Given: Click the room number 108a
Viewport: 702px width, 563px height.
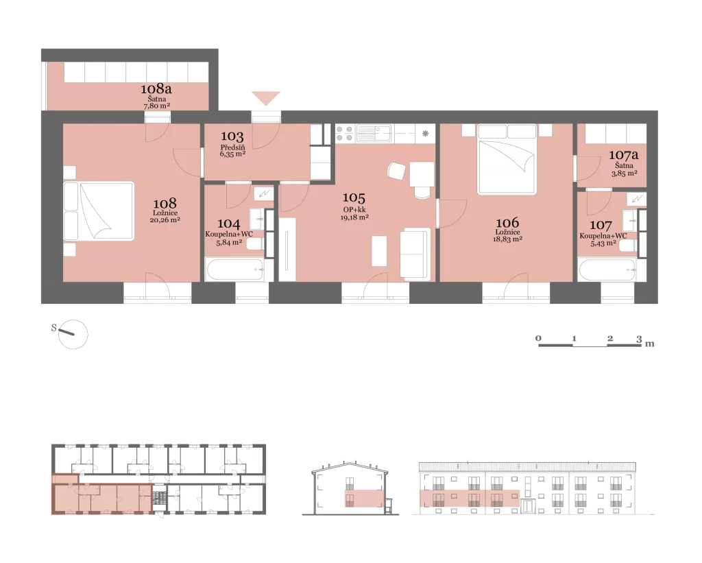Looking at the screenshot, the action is [x=156, y=88].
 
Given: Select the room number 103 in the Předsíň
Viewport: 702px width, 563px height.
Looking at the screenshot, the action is [x=232, y=136].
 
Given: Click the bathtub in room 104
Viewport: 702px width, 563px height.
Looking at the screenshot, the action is [x=234, y=269].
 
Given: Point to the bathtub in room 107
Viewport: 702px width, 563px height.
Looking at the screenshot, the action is [x=607, y=270].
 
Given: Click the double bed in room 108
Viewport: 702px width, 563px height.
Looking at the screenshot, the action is [x=99, y=211].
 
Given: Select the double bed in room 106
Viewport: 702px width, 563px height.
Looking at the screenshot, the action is [x=507, y=160].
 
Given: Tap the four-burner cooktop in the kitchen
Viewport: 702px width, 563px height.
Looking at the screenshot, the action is [x=346, y=134].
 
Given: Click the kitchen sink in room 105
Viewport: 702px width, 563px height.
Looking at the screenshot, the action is [x=374, y=134].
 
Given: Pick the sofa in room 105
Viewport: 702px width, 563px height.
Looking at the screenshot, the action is [x=415, y=254].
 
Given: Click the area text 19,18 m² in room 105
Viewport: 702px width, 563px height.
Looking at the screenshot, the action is [x=354, y=217].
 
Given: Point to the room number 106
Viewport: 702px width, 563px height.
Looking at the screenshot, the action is [x=508, y=223].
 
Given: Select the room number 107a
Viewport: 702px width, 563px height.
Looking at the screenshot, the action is [x=624, y=156].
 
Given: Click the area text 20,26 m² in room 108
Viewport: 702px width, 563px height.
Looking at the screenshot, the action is [x=165, y=220].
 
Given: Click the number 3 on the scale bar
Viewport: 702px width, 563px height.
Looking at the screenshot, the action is [x=639, y=339].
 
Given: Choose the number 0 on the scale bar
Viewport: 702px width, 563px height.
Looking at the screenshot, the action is [x=539, y=338].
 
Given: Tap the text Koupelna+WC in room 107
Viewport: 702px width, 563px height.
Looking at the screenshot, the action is [x=603, y=236].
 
